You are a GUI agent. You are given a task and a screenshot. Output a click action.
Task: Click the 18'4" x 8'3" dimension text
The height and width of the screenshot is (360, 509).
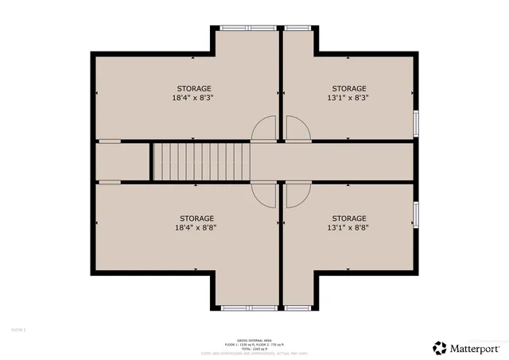click(x=194, y=99)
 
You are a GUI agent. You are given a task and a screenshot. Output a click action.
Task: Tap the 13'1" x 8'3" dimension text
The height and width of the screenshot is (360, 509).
click(x=349, y=99)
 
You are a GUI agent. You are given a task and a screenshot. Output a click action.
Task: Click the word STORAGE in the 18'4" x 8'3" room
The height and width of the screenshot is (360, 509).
click(x=194, y=88)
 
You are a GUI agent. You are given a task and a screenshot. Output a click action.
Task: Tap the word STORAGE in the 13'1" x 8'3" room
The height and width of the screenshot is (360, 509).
click(x=349, y=88)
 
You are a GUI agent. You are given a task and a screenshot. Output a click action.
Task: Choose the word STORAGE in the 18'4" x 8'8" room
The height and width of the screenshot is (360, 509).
click(x=196, y=218)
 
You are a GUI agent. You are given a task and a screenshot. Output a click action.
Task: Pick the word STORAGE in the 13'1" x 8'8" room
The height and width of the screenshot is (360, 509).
click(x=349, y=218)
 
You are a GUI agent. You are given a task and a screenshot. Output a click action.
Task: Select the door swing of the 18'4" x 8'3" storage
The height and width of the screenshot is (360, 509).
click(x=266, y=129)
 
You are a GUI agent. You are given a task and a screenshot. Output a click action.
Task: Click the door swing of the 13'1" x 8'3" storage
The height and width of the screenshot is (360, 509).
click(x=297, y=129)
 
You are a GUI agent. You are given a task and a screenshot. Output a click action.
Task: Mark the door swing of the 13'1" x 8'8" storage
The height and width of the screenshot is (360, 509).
click(x=297, y=195)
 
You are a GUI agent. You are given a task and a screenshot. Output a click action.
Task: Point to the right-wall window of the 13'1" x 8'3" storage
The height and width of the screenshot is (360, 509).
click(x=416, y=122)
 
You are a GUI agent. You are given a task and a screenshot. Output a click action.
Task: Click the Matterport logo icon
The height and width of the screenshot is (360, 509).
click(x=439, y=347)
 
